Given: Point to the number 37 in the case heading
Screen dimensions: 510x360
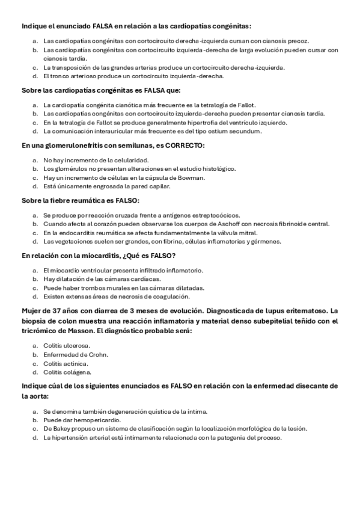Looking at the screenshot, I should pos(53,311).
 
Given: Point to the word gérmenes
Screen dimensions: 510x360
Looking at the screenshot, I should pos(267,242).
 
